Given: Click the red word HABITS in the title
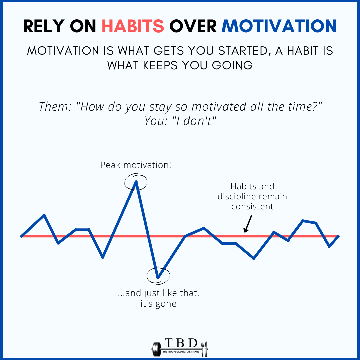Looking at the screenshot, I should pos(133,26).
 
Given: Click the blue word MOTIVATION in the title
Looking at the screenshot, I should pos(279,26).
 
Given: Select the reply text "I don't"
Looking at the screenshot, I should pos(194,121).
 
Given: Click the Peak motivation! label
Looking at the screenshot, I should pos(136,165).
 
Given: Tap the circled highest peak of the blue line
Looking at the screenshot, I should pos(136,181).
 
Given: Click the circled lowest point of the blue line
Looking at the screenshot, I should pos(158,277).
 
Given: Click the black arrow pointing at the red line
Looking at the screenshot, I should pos(248,224).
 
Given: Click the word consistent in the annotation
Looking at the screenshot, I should pos(252,206).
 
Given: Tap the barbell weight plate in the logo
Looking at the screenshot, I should pos(155,349).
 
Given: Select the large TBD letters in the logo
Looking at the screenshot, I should pos(182,343).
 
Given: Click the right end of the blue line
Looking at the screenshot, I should pos(338,236).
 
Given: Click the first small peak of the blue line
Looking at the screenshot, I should pos(44,215).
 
